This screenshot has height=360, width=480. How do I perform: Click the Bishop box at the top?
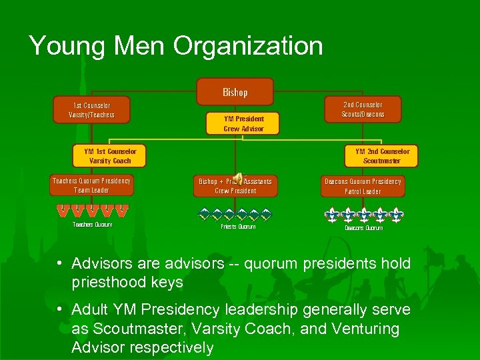235,92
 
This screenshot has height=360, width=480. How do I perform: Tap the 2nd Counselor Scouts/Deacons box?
363,109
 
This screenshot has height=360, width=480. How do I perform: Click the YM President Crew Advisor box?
243,123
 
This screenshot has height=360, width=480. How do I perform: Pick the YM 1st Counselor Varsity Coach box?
110,156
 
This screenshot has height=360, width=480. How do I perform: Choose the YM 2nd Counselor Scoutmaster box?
382,156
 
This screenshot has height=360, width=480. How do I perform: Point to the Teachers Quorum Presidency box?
92,185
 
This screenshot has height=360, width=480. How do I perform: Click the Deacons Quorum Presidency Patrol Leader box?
363,186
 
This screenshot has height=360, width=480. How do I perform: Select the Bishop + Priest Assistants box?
235,186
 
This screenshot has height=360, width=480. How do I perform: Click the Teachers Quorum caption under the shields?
92,225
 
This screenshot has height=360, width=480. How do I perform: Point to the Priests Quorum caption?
238,227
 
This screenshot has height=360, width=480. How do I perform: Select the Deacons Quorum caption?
363,228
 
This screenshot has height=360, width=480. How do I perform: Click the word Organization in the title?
248,46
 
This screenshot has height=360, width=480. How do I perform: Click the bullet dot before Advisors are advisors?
60,263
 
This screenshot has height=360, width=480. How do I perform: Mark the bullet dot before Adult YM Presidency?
60,310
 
